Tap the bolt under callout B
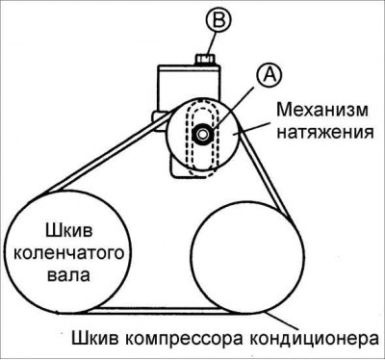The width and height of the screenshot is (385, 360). coord(203,57)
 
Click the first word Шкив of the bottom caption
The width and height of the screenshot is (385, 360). coord(92,340)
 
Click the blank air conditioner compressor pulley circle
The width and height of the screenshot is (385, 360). coord(240,254)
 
